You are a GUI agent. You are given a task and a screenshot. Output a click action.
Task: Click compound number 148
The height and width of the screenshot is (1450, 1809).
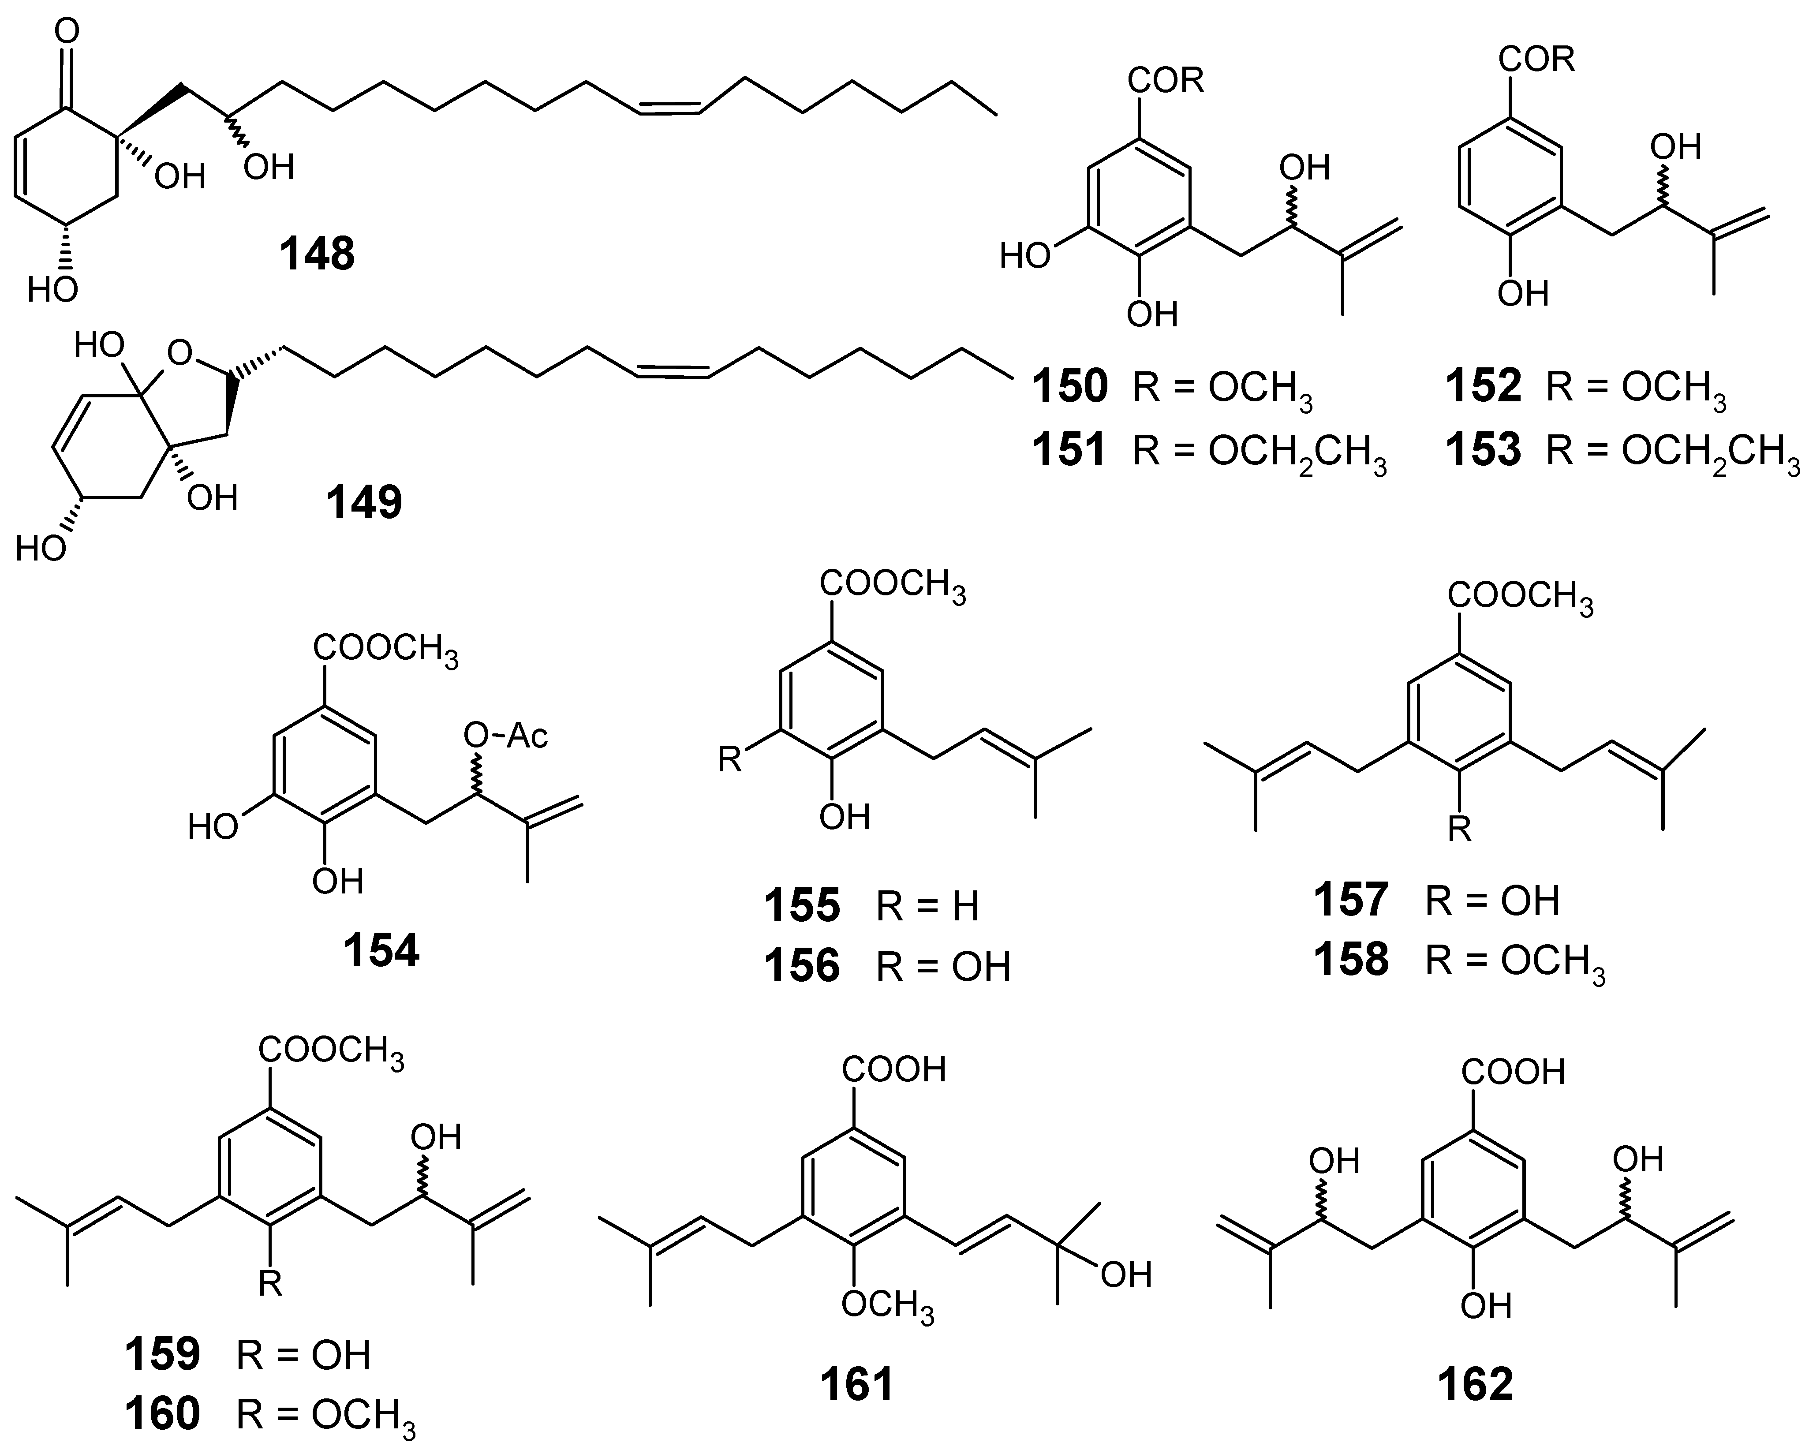317,254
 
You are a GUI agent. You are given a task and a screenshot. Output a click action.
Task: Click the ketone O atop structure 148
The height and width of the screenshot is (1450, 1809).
67,32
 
